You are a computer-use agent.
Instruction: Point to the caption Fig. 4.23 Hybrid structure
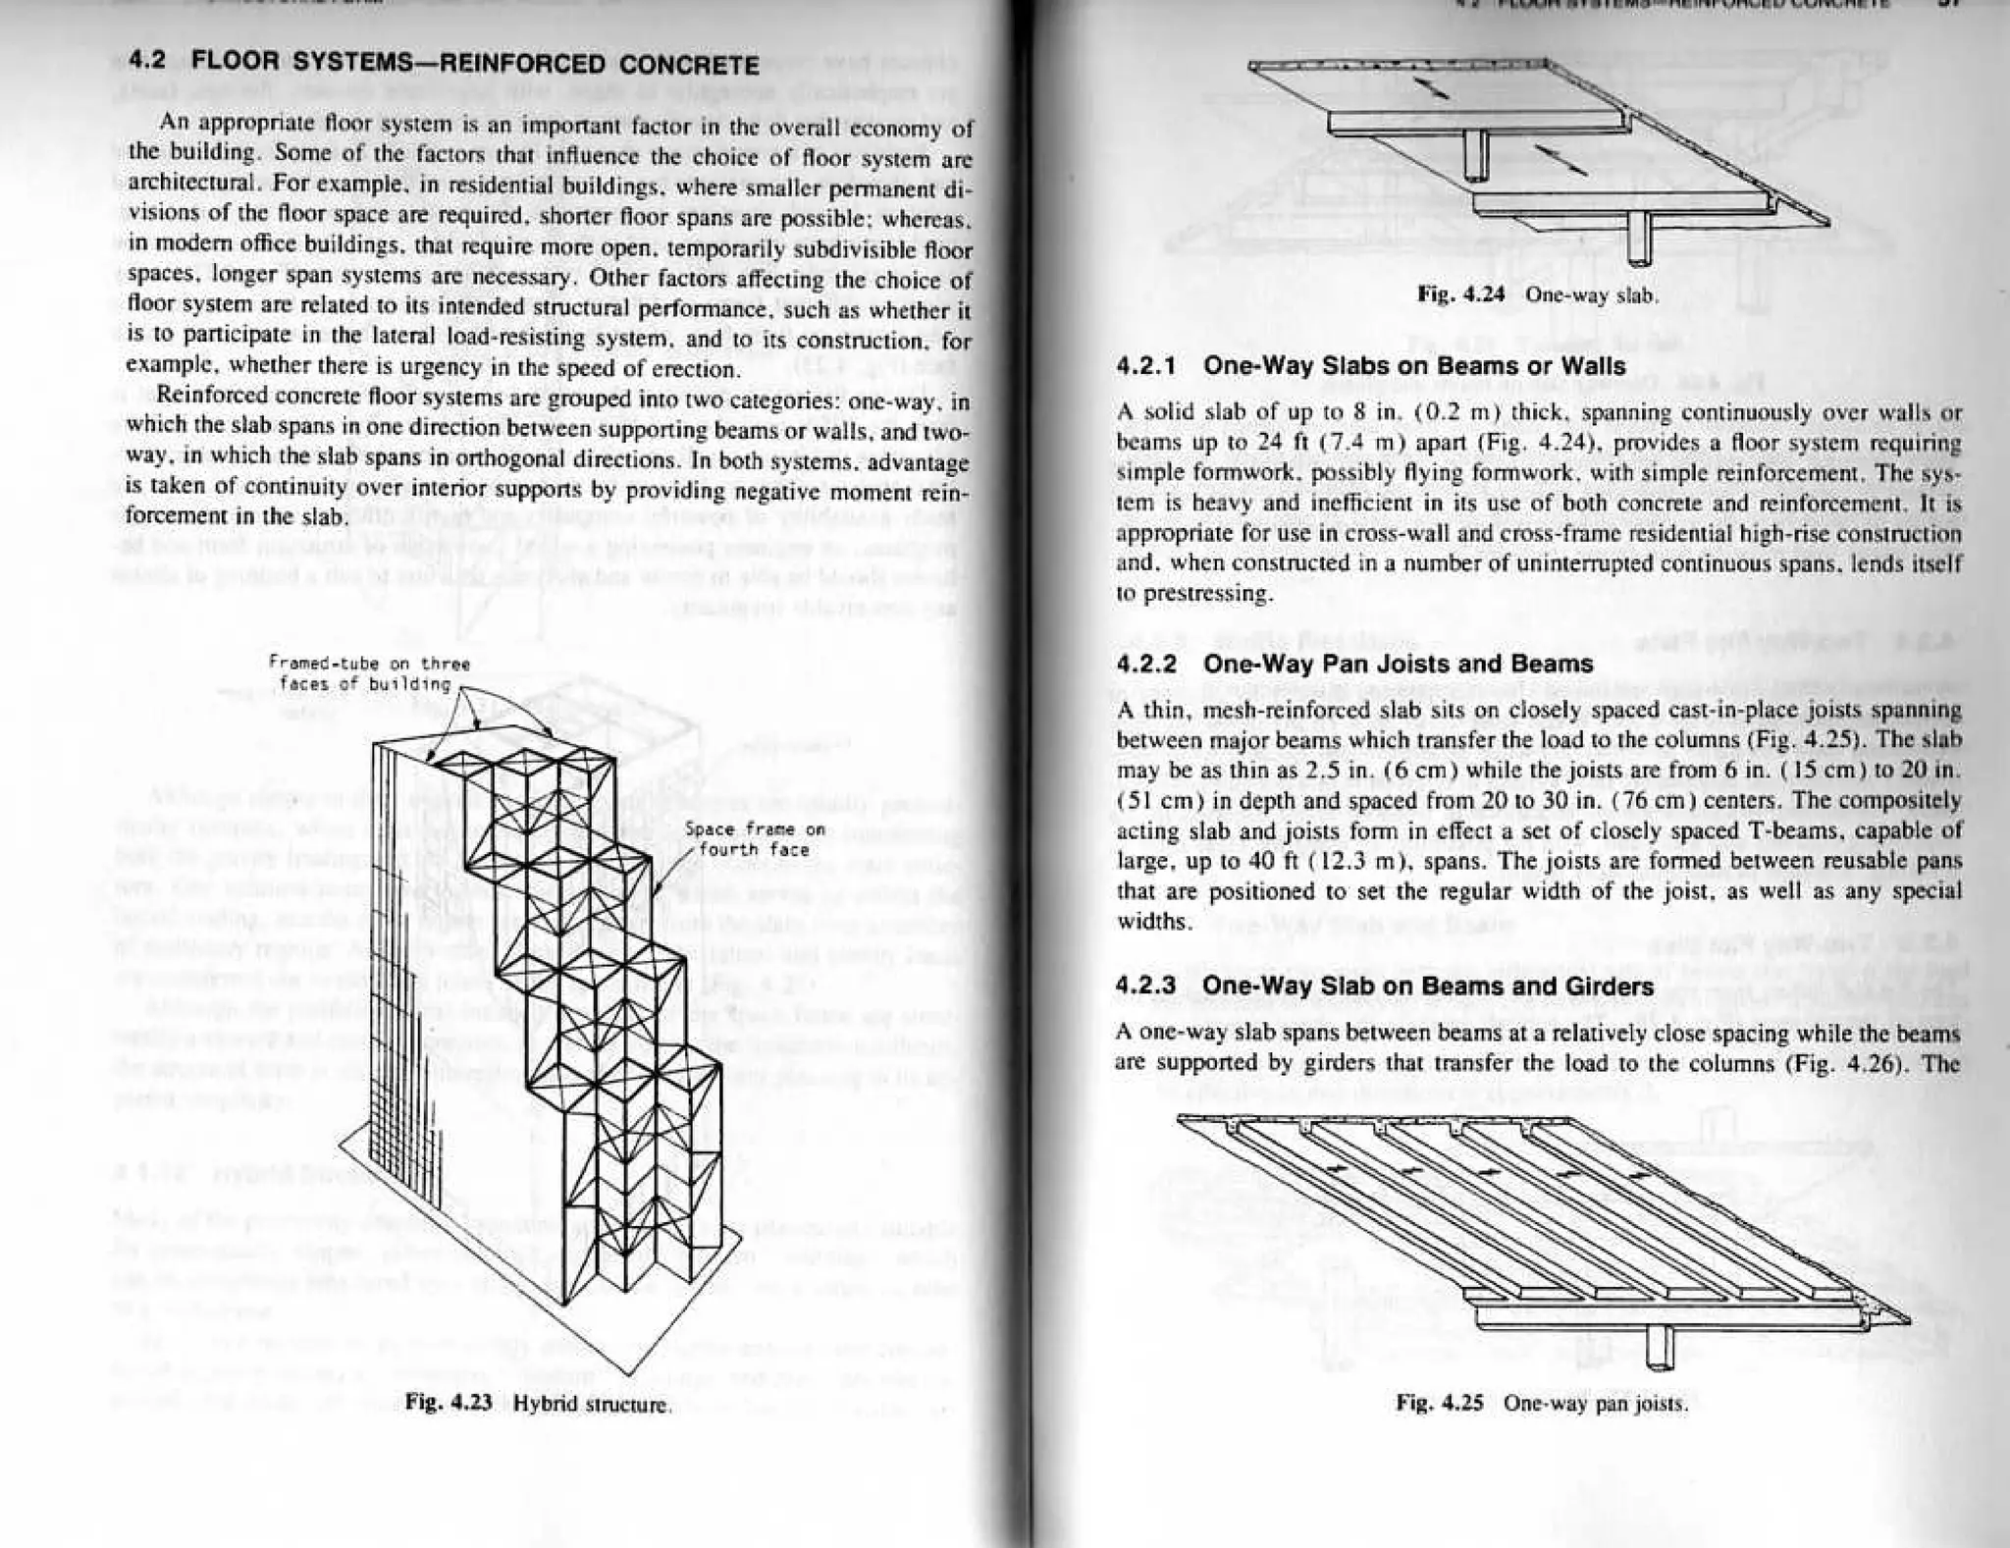click(x=539, y=1403)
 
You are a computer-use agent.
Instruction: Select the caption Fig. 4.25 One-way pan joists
click(x=1542, y=1403)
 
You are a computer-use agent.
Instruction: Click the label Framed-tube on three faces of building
click(x=368, y=673)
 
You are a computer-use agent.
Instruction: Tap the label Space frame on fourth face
click(x=755, y=839)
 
